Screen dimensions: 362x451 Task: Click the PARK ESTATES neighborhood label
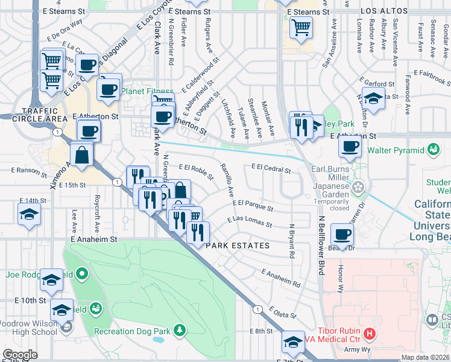tap(238, 246)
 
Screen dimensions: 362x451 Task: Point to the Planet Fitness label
tap(147, 92)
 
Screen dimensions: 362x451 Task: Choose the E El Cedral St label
tap(271, 168)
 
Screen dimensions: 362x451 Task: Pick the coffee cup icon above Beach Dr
tap(342, 235)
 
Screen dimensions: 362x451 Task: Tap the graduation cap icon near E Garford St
tap(373, 98)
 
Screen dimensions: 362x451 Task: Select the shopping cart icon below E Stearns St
tap(300, 27)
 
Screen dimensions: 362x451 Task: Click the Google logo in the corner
tap(20, 355)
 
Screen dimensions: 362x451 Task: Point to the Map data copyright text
tap(424, 357)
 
